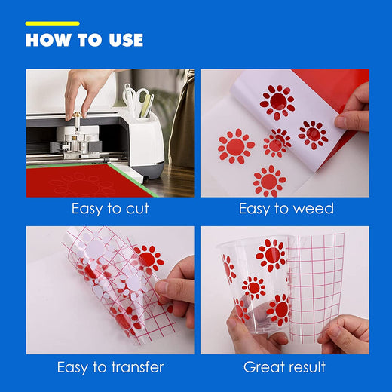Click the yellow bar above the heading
click(52, 23)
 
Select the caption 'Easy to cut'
click(110, 209)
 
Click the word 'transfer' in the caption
click(137, 367)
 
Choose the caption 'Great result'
click(284, 367)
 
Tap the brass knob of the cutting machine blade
click(77, 116)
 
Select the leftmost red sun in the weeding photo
click(236, 146)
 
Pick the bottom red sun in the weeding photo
click(270, 182)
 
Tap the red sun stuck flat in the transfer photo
click(149, 258)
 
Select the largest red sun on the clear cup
click(271, 255)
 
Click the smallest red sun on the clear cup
click(254, 288)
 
